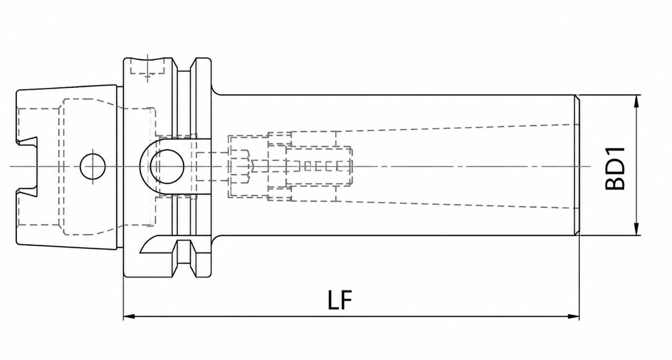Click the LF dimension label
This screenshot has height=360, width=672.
(340, 300)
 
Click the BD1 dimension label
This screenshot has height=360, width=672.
(615, 168)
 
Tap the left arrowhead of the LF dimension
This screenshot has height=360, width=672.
(130, 316)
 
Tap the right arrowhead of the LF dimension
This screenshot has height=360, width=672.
(573, 316)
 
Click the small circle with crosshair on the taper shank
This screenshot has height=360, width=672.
(93, 167)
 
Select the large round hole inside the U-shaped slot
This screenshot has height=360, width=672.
(167, 167)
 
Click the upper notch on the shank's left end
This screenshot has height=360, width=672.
(27, 141)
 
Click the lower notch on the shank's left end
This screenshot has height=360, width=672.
(27, 193)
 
